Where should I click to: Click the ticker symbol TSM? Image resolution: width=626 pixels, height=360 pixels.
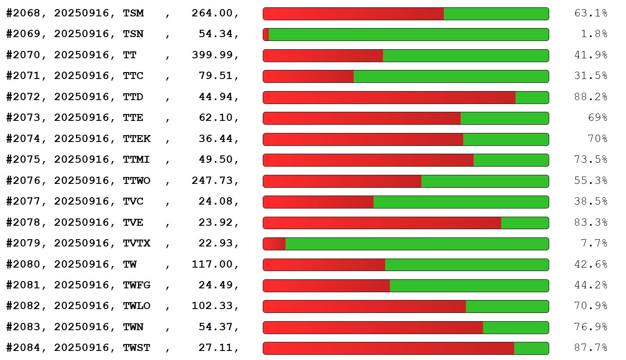(x=133, y=13)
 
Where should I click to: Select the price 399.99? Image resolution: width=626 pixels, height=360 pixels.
(x=214, y=55)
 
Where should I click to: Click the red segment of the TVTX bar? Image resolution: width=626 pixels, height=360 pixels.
(x=274, y=244)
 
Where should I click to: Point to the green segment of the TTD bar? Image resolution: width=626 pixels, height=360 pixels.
(x=532, y=98)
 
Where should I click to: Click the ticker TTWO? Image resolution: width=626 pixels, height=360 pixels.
(x=137, y=180)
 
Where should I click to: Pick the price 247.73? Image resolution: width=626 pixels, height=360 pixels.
(x=214, y=180)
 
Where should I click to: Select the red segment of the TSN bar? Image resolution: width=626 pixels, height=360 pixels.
(x=266, y=35)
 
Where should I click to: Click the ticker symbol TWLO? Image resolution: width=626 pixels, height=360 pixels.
(x=137, y=306)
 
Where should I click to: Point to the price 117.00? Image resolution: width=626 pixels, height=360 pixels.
(x=214, y=264)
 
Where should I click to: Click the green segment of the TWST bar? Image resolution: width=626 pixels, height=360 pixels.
(x=531, y=348)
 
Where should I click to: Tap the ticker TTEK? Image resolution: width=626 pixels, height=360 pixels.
(x=137, y=139)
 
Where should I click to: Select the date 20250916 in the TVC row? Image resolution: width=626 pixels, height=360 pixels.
(x=82, y=202)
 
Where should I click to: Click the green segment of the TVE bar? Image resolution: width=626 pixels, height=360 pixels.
(x=525, y=223)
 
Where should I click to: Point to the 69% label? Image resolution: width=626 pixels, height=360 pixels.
(x=597, y=118)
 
